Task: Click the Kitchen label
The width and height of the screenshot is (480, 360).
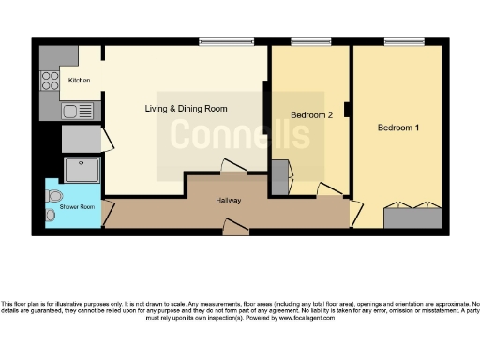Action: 80,81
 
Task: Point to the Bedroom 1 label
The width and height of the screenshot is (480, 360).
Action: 398,127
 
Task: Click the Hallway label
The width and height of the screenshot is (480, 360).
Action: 231,201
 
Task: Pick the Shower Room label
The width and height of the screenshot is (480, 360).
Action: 76,206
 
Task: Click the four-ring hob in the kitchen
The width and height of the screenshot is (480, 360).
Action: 50,82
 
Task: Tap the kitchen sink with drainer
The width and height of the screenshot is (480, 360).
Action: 81,112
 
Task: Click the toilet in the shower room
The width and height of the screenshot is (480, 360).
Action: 54,197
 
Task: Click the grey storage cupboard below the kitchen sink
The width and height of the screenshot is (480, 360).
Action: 81,139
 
